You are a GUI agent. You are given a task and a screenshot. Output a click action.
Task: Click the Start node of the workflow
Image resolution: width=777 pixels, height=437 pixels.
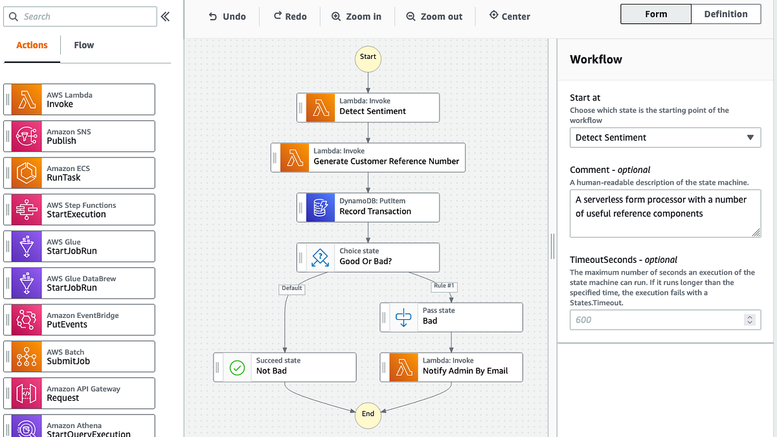[368, 57]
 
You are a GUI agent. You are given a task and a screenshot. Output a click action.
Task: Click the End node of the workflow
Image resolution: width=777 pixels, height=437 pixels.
[368, 414]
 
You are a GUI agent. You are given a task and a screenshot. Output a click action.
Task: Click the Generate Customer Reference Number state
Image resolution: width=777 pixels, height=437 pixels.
[368, 157]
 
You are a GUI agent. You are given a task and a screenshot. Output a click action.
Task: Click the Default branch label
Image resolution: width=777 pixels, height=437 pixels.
[291, 288]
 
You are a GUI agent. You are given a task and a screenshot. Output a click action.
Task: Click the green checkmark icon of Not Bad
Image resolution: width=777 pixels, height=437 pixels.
[238, 368]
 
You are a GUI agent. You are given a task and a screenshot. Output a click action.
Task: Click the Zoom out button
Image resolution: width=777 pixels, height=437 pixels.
[434, 16]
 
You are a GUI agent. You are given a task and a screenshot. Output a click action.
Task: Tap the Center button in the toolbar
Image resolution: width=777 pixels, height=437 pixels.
[510, 16]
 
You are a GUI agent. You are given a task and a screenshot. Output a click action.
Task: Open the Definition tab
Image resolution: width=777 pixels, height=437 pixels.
[726, 14]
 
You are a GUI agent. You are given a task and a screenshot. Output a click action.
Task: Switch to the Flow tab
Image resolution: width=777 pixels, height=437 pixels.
[84, 45]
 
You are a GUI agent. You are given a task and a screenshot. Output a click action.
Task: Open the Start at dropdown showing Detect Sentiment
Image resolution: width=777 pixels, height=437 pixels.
[665, 137]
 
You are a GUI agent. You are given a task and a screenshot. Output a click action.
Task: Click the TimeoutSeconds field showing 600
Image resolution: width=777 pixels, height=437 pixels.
[657, 320]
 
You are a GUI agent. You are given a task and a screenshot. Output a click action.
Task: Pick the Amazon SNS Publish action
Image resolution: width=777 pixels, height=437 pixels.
[80, 136]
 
